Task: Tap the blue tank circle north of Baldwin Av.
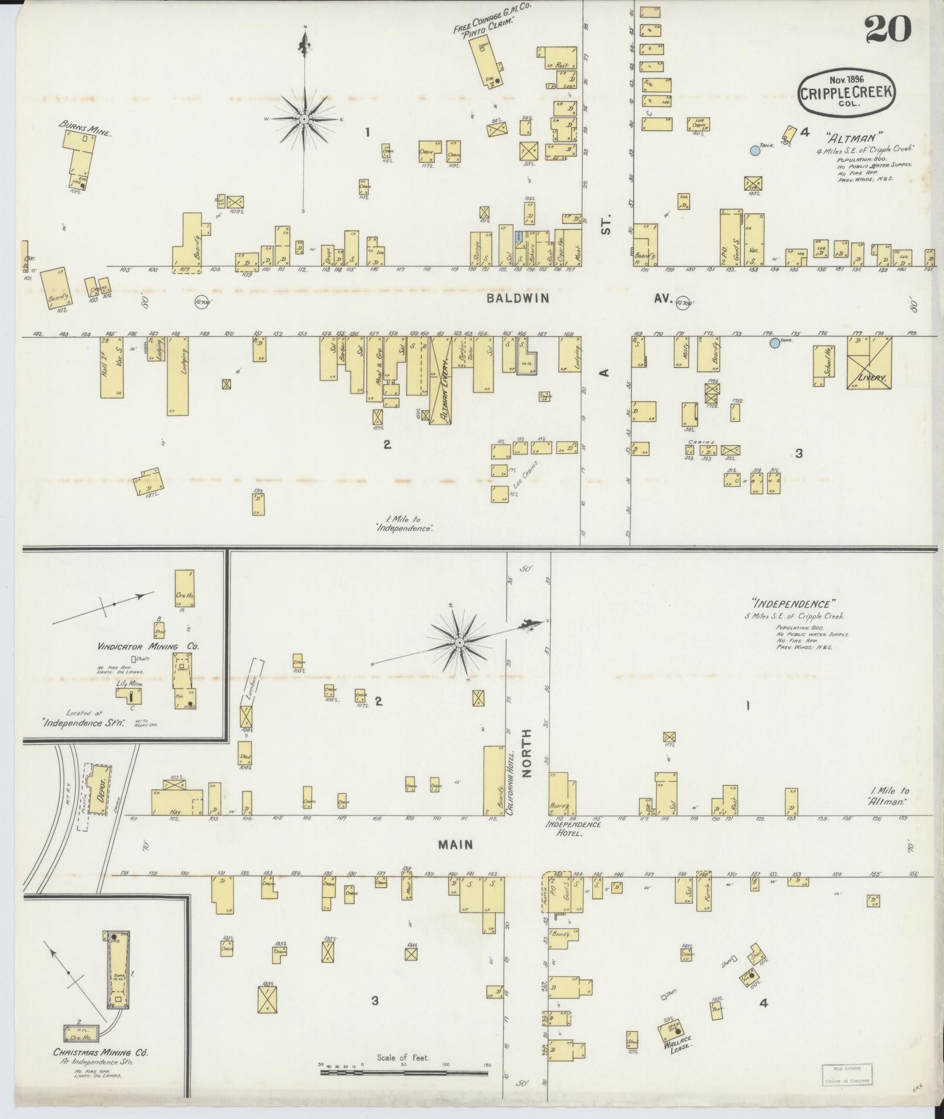[x=755, y=150]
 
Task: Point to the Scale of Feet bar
[x=404, y=1072]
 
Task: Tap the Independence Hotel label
[x=574, y=828]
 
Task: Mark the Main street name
[x=454, y=845]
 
